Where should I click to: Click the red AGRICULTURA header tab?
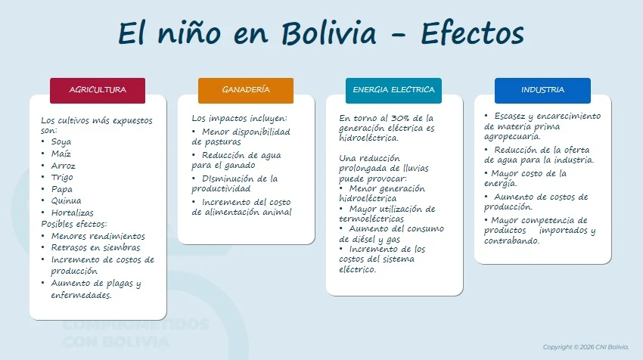tap(98, 91)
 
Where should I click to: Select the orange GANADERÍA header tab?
tap(246, 91)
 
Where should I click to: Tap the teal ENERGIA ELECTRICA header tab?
tap(393, 91)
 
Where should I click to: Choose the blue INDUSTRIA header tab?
tap(542, 91)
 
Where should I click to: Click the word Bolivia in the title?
tap(329, 33)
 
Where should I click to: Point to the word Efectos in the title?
tap(472, 33)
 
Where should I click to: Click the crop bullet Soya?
tap(61, 142)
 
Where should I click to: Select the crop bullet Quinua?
tap(66, 201)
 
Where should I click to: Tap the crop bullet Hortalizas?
tap(72, 213)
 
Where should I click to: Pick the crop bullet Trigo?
tap(62, 178)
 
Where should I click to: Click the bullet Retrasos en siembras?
tap(95, 247)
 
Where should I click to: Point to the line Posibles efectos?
tap(74, 225)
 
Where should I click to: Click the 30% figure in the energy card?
tap(400, 118)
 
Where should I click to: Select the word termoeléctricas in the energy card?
tap(371, 219)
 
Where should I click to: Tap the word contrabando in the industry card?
tap(511, 241)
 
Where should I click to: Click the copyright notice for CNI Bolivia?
tap(586, 347)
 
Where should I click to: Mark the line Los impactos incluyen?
tap(240, 118)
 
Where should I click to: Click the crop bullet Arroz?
tap(63, 166)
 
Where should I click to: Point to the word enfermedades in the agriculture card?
tap(81, 295)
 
